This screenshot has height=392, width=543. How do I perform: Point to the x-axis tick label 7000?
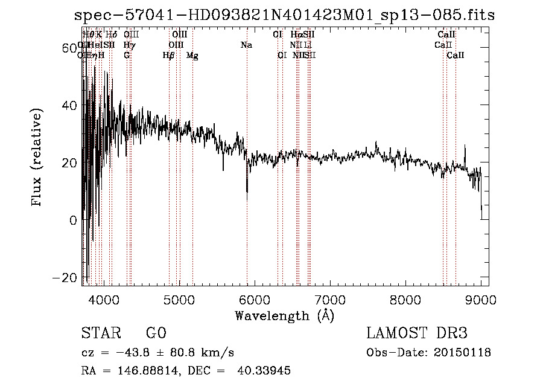pyautogui.click(x=329, y=300)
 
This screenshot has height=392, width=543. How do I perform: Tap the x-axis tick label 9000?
pyautogui.click(x=480, y=300)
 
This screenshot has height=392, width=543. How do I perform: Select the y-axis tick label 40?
pyautogui.click(x=70, y=106)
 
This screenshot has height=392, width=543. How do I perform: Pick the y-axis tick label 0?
pyautogui.click(x=73, y=220)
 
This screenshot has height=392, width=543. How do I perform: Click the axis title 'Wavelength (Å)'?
pyautogui.click(x=284, y=315)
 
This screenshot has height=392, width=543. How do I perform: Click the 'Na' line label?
pyautogui.click(x=246, y=45)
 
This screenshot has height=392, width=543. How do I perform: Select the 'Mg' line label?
pyautogui.click(x=192, y=56)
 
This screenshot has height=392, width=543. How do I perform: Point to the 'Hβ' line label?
pyautogui.click(x=168, y=56)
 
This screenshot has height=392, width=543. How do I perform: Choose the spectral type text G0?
pyautogui.click(x=156, y=334)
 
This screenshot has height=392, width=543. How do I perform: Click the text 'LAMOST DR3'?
pyautogui.click(x=416, y=334)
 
